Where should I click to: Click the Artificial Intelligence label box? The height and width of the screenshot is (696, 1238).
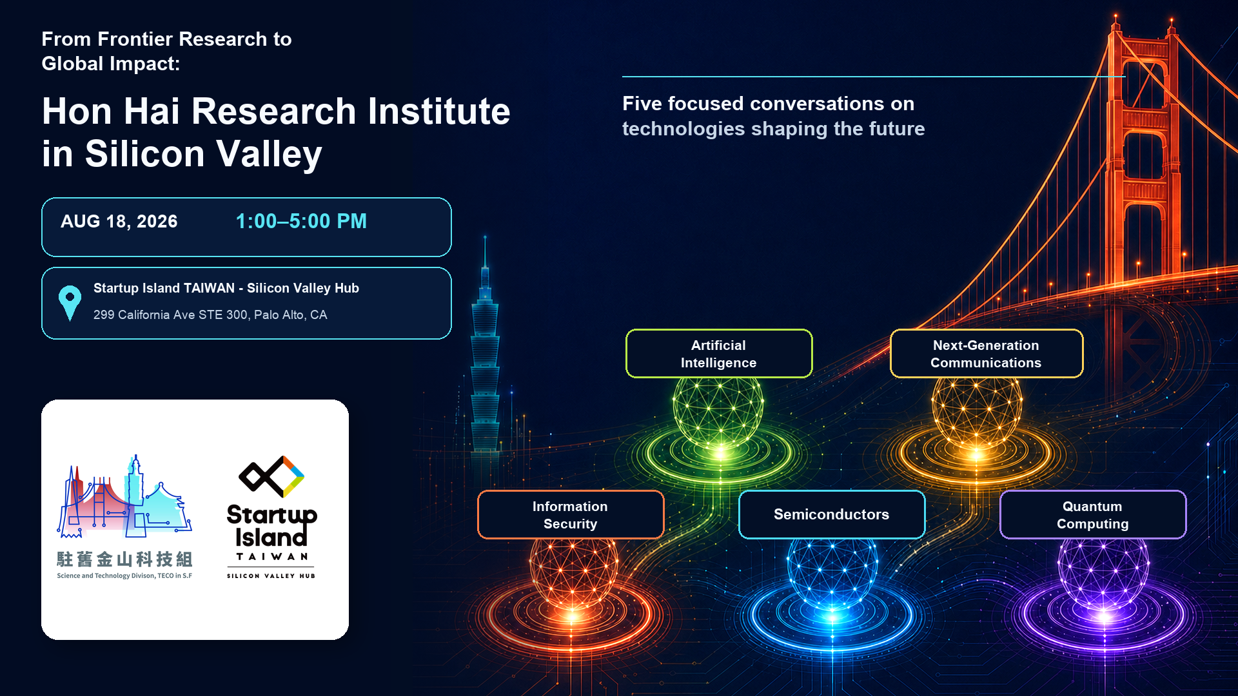tap(719, 354)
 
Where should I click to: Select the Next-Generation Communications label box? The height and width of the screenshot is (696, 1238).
tap(987, 354)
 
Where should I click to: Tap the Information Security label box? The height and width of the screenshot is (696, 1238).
tap(571, 515)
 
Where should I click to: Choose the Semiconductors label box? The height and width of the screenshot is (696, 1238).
tap(832, 515)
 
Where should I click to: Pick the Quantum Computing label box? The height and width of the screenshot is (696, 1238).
tap(1093, 515)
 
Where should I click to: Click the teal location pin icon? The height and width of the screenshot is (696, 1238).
tap(70, 302)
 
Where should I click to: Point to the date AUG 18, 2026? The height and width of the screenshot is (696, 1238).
tap(119, 222)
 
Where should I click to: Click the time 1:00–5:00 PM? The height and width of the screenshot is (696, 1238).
tap(301, 222)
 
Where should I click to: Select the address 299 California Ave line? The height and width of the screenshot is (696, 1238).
tap(210, 315)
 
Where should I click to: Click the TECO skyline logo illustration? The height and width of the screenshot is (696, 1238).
tap(125, 496)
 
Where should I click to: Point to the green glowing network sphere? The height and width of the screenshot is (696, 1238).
tap(718, 412)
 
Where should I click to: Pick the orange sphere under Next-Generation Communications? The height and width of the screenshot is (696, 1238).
tap(977, 412)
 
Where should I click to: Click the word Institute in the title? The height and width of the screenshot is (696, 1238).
tap(438, 111)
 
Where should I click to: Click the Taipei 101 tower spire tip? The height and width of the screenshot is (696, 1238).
tap(485, 237)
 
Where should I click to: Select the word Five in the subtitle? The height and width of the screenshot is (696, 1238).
tap(642, 104)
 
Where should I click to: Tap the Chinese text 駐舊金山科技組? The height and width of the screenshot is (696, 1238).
tap(124, 559)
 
